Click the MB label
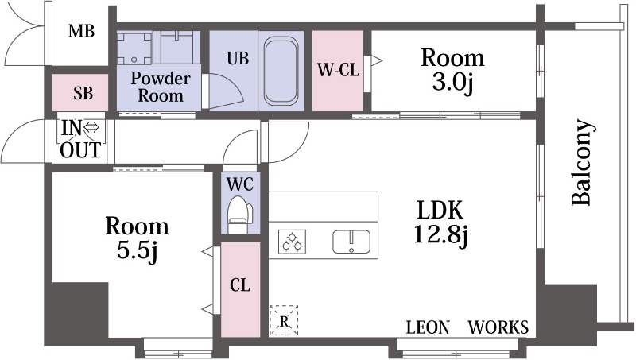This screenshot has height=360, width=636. point(81,31)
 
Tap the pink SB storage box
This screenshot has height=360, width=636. point(80,92)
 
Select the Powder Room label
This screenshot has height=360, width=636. point(161,87)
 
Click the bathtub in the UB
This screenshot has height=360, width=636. point(281,71)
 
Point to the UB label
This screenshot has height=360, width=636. point(238,58)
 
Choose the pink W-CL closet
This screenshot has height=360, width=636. point(337,71)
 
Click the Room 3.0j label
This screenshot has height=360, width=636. point(452,70)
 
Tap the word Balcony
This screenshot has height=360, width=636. point(584,162)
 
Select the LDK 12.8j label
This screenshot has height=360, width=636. point(441,223)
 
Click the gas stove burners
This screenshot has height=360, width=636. point(292,242)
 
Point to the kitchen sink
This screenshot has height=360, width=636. point(351,242)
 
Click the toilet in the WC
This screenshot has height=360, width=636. point(240,215)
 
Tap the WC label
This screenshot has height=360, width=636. point(240,184)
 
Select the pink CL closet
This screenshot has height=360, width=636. point(240,289)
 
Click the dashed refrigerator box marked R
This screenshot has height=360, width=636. point(284,320)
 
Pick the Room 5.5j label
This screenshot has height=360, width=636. point(137,238)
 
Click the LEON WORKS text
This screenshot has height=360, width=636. point(467,327)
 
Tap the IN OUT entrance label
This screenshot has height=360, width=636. point(80,139)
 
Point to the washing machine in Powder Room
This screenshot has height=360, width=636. point(134,48)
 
